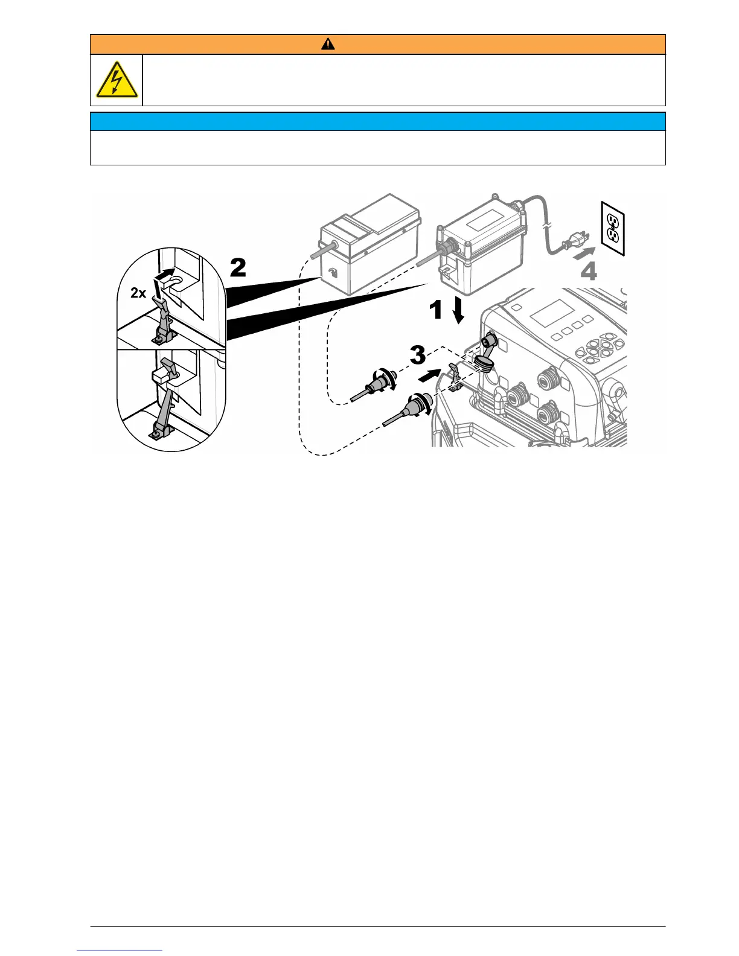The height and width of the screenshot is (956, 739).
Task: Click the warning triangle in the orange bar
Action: [328, 44]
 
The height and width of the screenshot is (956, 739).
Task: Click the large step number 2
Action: [238, 267]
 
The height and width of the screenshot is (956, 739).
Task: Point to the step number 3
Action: [418, 355]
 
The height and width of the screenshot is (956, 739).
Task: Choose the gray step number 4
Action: [589, 272]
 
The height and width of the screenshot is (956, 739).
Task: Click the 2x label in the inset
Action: [138, 293]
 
